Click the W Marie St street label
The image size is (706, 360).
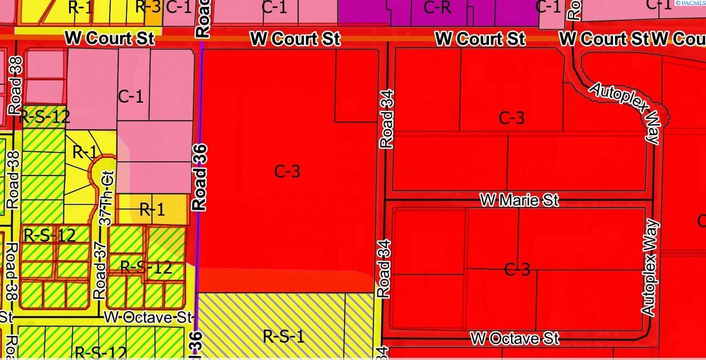519,200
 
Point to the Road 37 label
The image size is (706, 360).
100,270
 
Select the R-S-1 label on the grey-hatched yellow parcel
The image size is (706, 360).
283,336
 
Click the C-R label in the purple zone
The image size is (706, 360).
437,7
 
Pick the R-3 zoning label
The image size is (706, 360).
148,7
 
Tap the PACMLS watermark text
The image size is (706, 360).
690,3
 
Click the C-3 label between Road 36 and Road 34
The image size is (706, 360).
287,171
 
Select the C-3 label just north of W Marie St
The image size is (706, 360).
511,118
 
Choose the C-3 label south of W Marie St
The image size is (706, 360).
517,269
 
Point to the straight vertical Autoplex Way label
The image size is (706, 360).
649,268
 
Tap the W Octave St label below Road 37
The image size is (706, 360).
148,317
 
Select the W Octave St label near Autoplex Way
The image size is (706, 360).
514,338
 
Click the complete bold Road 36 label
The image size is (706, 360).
199,178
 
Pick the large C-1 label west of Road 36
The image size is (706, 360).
131,96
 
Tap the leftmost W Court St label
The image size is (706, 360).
109,39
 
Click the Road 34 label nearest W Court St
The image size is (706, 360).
386,119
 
